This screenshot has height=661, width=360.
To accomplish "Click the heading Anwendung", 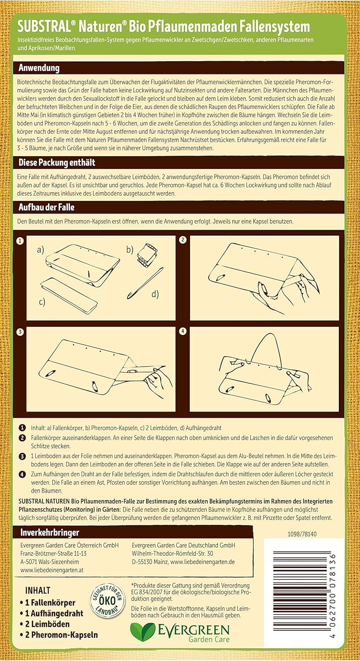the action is click(x=39, y=68).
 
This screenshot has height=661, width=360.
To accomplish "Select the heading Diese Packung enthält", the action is click(x=57, y=163).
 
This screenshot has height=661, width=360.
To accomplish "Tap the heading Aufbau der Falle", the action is click(x=46, y=207).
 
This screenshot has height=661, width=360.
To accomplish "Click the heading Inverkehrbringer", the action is click(x=50, y=533).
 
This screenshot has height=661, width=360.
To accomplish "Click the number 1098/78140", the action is click(x=302, y=534).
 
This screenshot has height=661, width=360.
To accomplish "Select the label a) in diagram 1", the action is click(x=41, y=250).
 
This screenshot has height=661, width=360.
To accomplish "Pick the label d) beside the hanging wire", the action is click(x=155, y=294).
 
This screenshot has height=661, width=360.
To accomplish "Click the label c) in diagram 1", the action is click(x=42, y=302).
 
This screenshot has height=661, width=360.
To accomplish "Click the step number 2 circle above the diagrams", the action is click(x=183, y=240).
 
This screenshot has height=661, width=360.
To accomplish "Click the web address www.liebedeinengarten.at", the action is click(x=52, y=570).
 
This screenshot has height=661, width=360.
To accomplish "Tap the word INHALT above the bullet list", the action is click(x=38, y=590).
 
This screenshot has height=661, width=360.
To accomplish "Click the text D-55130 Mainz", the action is click(x=150, y=562).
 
